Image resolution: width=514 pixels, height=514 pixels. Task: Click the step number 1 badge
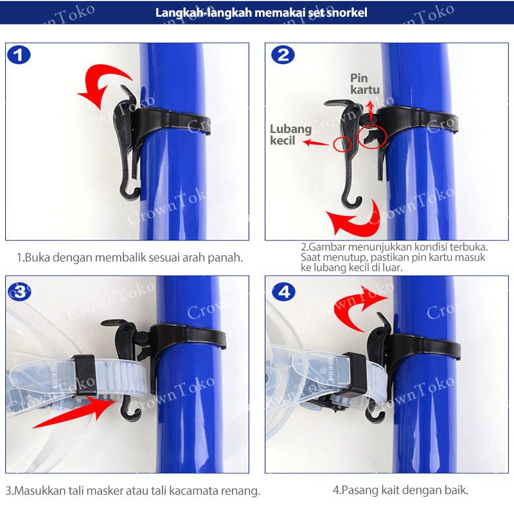(x=19, y=55)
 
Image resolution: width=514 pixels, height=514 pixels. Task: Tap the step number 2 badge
(x=283, y=55)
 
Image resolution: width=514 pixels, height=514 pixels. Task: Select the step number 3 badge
(x=20, y=292)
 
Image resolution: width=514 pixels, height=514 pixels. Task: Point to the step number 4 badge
(x=283, y=292)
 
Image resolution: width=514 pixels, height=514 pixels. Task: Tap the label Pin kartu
(x=364, y=84)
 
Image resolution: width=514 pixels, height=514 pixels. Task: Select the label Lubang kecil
(x=290, y=134)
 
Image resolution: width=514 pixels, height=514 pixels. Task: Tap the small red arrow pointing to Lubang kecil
(x=315, y=143)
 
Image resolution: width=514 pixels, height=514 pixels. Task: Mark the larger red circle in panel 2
(x=373, y=136)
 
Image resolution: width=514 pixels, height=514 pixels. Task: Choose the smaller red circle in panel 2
(x=342, y=144)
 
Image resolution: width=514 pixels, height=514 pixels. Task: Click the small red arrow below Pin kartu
(x=371, y=111)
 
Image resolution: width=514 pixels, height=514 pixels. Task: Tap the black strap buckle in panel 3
(x=85, y=375)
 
